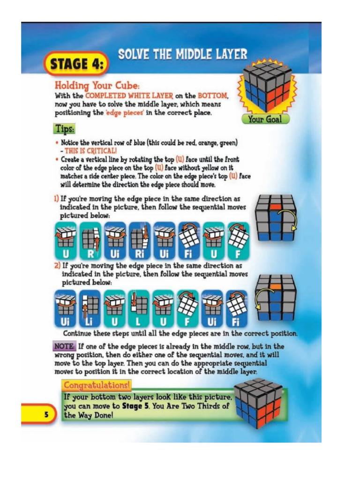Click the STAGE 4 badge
(76, 63)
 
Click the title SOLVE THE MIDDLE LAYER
(182, 54)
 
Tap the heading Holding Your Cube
(97, 86)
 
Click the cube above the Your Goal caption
(265, 89)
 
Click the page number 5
(46, 414)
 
